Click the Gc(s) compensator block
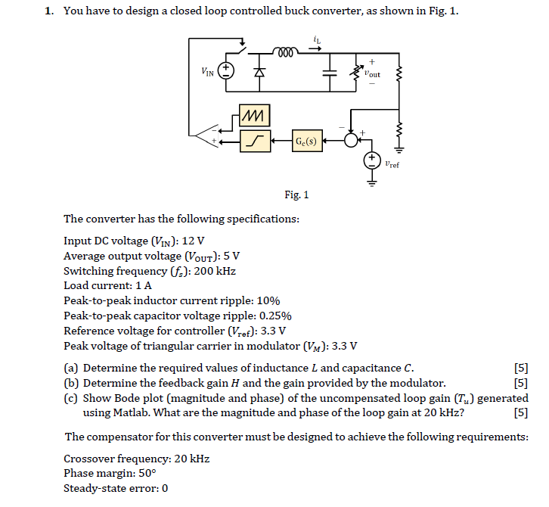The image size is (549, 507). pyautogui.click(x=307, y=140)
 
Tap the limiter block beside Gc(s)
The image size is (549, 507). pyautogui.click(x=253, y=140)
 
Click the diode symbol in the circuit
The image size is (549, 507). pyautogui.click(x=260, y=72)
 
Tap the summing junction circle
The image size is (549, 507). pyautogui.click(x=351, y=140)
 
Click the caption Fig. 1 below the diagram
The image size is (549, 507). pyautogui.click(x=296, y=195)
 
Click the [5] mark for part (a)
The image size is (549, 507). pyautogui.click(x=520, y=369)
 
